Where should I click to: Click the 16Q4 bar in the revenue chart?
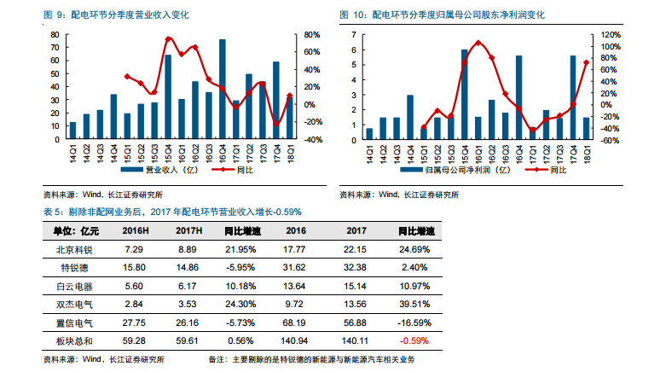[x=223, y=89]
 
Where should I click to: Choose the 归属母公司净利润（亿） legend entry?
[x=459, y=169]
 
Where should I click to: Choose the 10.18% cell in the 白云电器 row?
[x=241, y=286]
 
